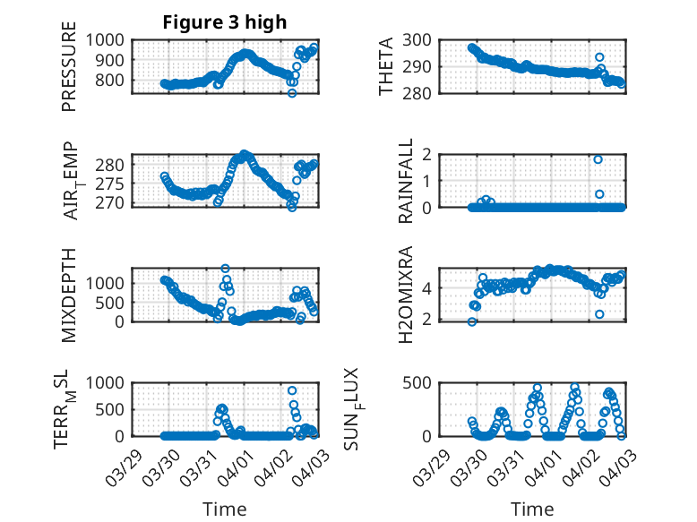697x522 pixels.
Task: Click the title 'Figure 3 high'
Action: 225,22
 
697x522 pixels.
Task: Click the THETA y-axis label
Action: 386,65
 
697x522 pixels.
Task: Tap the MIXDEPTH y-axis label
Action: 69,294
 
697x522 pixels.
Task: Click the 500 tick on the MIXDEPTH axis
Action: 112,302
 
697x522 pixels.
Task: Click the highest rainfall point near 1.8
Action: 598,159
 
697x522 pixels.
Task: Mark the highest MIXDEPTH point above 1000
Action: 226,269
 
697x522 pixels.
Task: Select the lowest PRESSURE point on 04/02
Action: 291,92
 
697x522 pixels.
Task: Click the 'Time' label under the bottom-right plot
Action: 532,509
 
